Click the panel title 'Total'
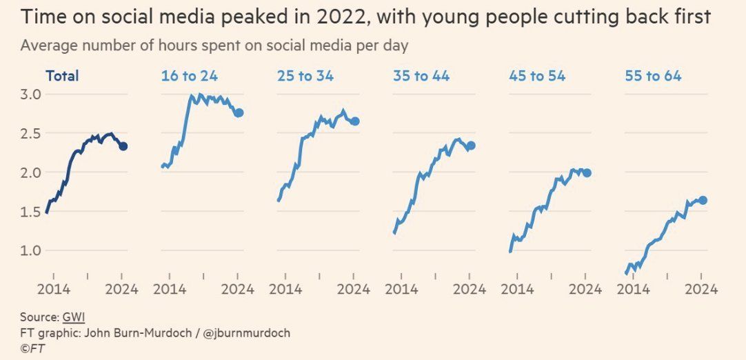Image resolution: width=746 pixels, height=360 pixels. point(62,76)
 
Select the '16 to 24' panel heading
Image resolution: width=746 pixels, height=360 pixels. point(188,76)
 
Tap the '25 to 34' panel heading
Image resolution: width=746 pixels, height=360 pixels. point(305,76)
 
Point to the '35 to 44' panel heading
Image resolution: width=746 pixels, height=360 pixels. point(421,76)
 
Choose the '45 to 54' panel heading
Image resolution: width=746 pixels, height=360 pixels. point(537,76)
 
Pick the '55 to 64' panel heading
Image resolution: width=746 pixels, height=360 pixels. point(653,76)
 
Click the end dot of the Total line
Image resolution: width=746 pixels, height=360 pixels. point(123,146)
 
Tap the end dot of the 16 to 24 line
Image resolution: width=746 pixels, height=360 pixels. point(239,112)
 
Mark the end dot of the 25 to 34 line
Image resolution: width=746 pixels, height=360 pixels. point(355,121)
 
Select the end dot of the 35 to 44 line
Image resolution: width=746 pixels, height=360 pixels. point(471,146)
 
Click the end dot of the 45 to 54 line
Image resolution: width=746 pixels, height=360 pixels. point(587,172)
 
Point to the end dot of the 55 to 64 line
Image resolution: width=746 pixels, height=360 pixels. point(703,200)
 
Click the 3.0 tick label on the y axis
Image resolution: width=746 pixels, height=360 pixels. point(32,94)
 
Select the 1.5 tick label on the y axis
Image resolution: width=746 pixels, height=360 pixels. point(32,212)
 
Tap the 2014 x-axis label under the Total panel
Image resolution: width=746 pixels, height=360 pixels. point(53,289)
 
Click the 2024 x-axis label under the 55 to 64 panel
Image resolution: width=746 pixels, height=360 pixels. point(702,289)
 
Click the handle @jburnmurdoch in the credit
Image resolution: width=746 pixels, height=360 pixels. point(247,333)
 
